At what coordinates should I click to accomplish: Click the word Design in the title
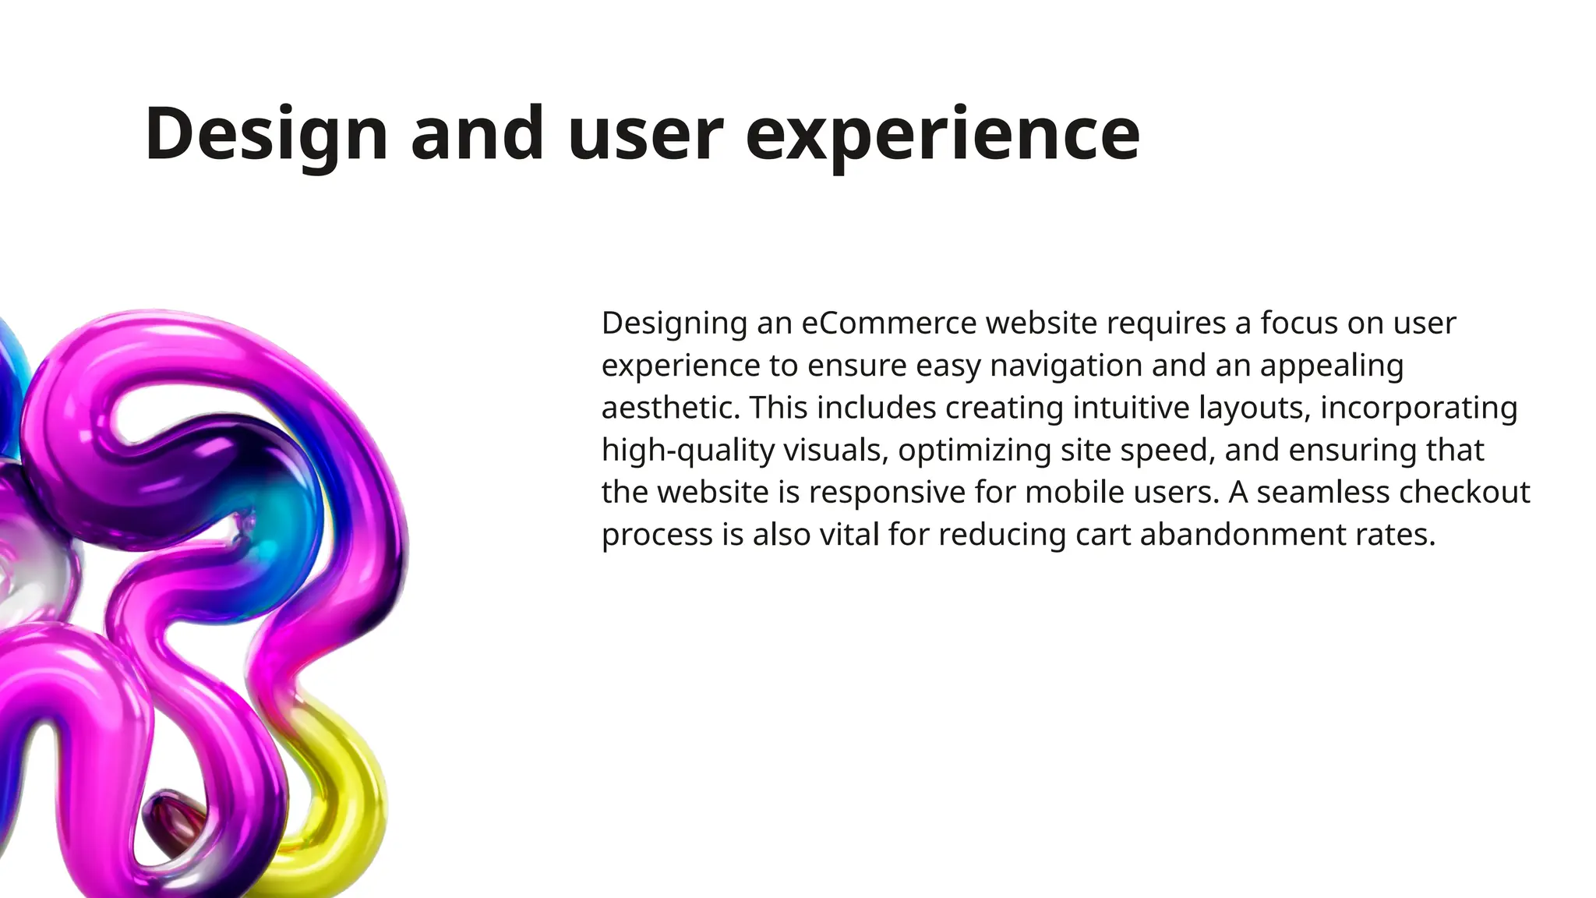tap(266, 134)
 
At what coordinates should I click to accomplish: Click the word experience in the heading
tap(942, 134)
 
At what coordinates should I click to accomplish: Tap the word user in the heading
tap(645, 134)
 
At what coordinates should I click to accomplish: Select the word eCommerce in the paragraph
tap(888, 323)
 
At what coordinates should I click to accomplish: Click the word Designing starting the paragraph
tap(674, 323)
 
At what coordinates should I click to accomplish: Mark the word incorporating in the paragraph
tap(1418, 408)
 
